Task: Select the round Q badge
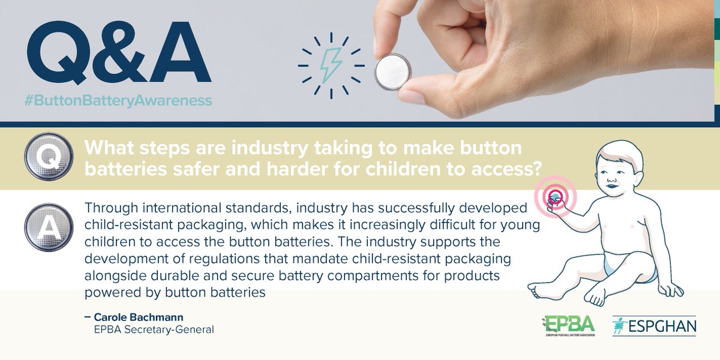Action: tap(46, 157)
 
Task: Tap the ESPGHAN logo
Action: tap(654, 325)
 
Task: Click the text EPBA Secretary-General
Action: tap(154, 329)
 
